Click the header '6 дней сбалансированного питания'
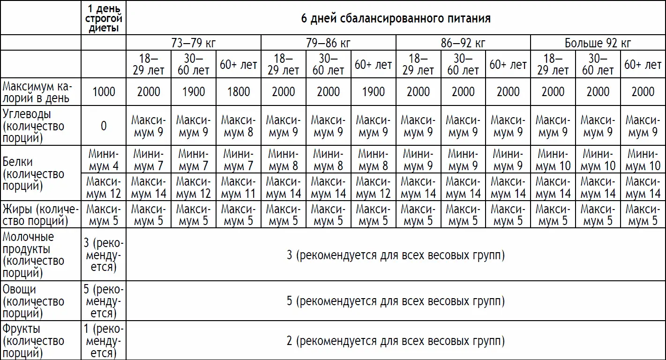(x=396, y=19)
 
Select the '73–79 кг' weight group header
(x=193, y=44)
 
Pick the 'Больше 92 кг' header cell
(x=598, y=44)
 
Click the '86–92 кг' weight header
(x=463, y=44)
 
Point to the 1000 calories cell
(x=104, y=92)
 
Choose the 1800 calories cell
(x=238, y=92)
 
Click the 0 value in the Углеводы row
(x=104, y=126)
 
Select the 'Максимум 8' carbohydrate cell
(x=238, y=126)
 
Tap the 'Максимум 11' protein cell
(x=238, y=187)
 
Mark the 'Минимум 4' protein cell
(x=104, y=160)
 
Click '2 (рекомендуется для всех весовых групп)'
(x=396, y=341)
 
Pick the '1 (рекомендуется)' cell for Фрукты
(x=104, y=341)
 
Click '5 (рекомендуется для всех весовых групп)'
(x=396, y=301)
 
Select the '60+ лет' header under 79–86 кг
(x=373, y=65)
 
